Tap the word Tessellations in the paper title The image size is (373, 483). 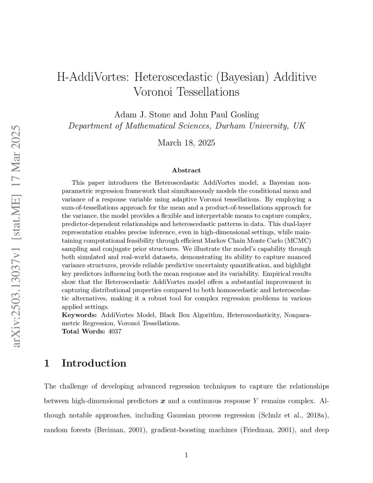pyautogui.click(x=208, y=91)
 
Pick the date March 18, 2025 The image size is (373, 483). pyautogui.click(x=186, y=143)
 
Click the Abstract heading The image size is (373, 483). pyautogui.click(x=186, y=170)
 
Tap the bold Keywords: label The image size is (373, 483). pyautogui.click(x=79, y=315)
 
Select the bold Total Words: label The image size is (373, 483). pyautogui.click(x=83, y=331)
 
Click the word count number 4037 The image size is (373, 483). pyautogui.click(x=115, y=331)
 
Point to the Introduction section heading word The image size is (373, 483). pyautogui.click(x=94, y=363)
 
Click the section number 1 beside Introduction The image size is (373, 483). pyautogui.click(x=47, y=363)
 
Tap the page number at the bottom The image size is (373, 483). pyautogui.click(x=186, y=455)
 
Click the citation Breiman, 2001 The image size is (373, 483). pyautogui.click(x=120, y=430)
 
